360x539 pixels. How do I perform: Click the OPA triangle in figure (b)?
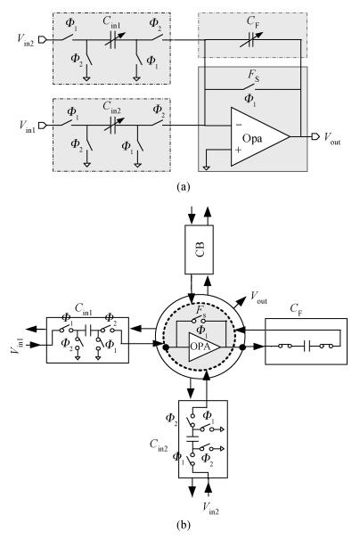tap(203, 347)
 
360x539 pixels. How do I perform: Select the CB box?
tap(199, 249)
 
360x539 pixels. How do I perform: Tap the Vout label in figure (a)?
tap(332, 138)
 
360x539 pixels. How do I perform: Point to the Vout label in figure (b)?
tap(258, 298)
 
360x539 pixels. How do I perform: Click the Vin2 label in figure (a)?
tap(26, 38)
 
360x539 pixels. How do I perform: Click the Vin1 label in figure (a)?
tap(27, 126)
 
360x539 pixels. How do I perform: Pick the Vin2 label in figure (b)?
tap(210, 508)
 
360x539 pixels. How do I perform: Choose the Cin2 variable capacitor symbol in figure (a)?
tap(113, 126)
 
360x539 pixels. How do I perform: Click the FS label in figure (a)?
tap(253, 76)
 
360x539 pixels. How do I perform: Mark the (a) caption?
tap(183, 186)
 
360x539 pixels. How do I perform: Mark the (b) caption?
tap(183, 525)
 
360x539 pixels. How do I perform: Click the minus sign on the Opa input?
tap(239, 125)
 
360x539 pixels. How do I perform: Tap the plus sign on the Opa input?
tap(238, 150)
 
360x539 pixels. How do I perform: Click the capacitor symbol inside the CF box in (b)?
tap(307, 347)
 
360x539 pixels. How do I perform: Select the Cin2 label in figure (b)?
tap(159, 445)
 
